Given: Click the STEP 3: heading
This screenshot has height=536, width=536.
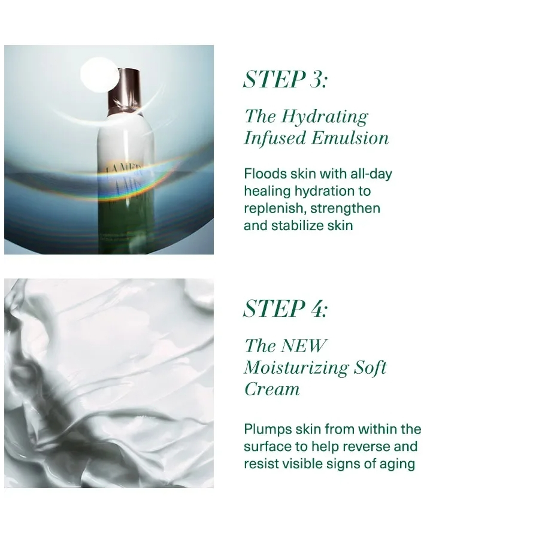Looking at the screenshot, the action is (285, 79).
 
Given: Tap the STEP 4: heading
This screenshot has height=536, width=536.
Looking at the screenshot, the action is (285, 308).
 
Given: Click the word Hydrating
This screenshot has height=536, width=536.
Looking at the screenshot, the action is (325, 117).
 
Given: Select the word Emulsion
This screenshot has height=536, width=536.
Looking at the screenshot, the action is (350, 138).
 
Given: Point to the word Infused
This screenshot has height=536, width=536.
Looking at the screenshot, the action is (275, 139).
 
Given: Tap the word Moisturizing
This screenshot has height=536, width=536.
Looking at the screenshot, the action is (296, 368).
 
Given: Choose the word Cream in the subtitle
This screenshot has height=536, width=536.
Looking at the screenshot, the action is (272, 389).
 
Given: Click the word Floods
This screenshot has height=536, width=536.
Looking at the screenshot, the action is (265, 174).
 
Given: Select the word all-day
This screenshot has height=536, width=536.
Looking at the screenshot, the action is (371, 174).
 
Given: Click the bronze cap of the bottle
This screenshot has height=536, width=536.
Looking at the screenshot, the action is (124, 90).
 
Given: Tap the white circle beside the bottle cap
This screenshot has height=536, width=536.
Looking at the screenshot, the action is (98, 74).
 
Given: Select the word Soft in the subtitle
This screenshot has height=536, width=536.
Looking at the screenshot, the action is (370, 368).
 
